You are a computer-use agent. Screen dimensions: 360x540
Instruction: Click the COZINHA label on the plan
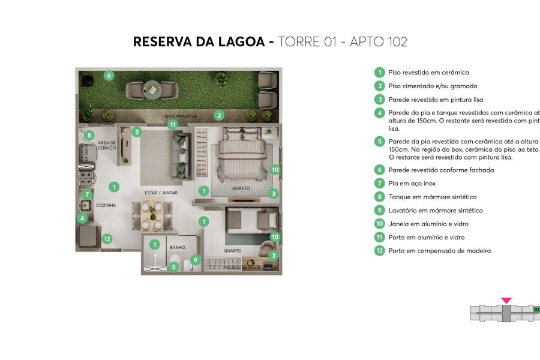[106, 205]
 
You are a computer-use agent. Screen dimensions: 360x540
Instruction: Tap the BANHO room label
[177, 247]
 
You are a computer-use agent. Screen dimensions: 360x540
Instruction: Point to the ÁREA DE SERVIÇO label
[107, 146]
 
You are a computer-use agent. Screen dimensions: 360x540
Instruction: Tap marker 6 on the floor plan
[109, 76]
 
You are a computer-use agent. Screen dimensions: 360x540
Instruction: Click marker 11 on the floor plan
[173, 125]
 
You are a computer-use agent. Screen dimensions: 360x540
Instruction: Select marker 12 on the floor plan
[107, 239]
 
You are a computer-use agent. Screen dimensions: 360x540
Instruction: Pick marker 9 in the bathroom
[195, 260]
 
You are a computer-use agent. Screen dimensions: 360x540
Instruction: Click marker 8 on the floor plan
[89, 136]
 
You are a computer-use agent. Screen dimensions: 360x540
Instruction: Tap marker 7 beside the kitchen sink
[87, 194]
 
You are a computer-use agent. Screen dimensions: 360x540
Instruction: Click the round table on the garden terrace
[152, 91]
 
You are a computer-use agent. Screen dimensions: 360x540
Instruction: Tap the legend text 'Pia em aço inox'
[412, 184]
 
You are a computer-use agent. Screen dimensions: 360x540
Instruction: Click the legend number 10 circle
[379, 224]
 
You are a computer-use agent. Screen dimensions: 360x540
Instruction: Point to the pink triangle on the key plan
[506, 300]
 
